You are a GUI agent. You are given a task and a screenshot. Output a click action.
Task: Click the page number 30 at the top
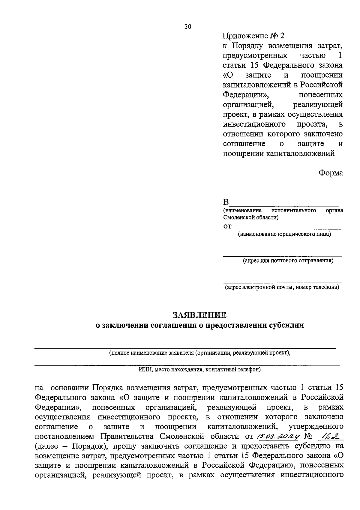pos(187,27)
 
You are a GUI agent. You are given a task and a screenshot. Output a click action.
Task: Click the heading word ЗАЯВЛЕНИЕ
pos(199,315)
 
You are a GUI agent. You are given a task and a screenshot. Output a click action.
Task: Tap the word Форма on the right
pos(331,173)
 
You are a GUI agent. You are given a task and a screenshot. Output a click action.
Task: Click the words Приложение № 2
pos(253,36)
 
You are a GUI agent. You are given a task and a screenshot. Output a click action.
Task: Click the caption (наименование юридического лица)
pos(284,234)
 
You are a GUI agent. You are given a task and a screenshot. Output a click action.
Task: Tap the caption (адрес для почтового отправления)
pos(288,261)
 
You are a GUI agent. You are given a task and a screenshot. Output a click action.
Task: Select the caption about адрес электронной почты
pos(282,287)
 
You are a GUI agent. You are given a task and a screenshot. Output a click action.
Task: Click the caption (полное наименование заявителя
pos(199,353)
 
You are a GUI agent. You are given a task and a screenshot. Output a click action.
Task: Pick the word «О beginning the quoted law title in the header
pos(228,75)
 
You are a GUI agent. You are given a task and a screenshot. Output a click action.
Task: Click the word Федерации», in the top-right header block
pos(246,95)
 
